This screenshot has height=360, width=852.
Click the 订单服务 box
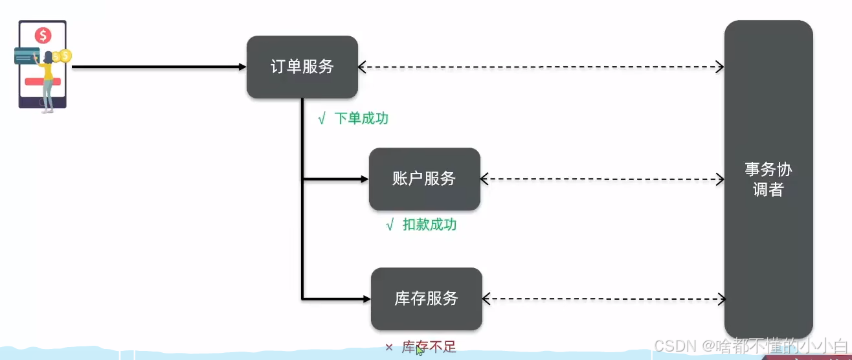pos(302,67)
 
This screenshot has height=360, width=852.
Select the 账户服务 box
pos(424,179)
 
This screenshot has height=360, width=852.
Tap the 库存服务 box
pos(426,298)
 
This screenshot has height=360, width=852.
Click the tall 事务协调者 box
pos(768,179)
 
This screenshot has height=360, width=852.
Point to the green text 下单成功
pos(361,118)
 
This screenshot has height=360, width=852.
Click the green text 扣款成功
pos(429,225)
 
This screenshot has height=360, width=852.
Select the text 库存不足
pos(429,347)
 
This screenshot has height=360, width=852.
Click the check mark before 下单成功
pos(321,119)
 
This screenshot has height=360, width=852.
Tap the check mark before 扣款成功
pos(389,225)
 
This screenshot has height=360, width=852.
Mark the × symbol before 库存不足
pos(389,348)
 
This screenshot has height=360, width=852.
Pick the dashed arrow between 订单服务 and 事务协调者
pos(541,66)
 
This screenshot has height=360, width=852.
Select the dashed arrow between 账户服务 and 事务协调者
pos(602,179)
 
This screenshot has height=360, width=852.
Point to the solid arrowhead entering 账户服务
pos(364,179)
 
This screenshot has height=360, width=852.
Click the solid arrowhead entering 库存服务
pos(366,298)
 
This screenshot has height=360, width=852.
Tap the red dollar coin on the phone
pos(43,36)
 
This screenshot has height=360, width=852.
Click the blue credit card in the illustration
pos(26,56)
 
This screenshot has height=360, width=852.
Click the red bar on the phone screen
pos(42,82)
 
